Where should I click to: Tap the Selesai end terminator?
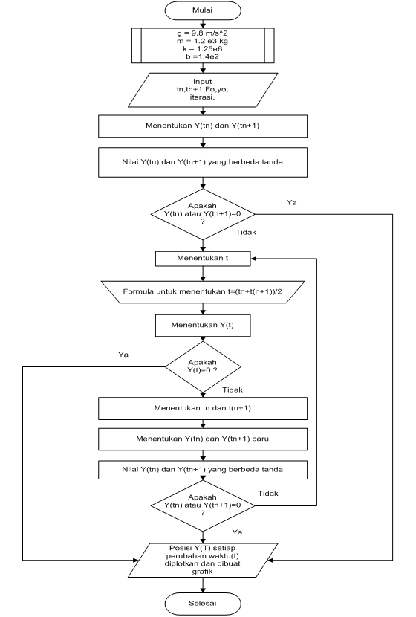[x=203, y=602]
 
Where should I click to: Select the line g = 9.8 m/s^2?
[x=202, y=35]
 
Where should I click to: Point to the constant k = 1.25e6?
[x=202, y=56]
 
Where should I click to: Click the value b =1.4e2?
[x=202, y=65]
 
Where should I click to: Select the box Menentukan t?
[x=203, y=259]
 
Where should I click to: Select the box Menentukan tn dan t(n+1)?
[x=203, y=407]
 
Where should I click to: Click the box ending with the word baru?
[x=203, y=439]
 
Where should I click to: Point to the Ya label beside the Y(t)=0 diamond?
[x=123, y=355]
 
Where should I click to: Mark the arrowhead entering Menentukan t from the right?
[x=253, y=259]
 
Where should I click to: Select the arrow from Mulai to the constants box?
[x=203, y=25]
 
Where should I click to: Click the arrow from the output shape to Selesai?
[x=203, y=585]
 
